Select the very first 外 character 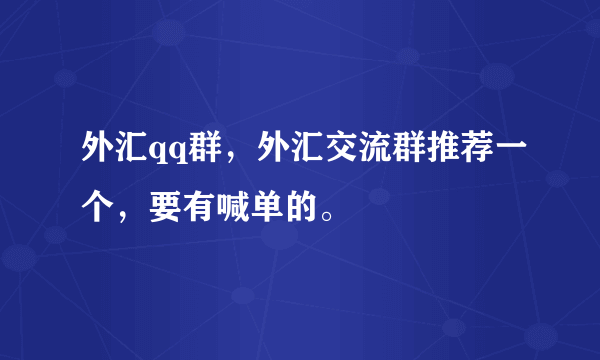[98, 152]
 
